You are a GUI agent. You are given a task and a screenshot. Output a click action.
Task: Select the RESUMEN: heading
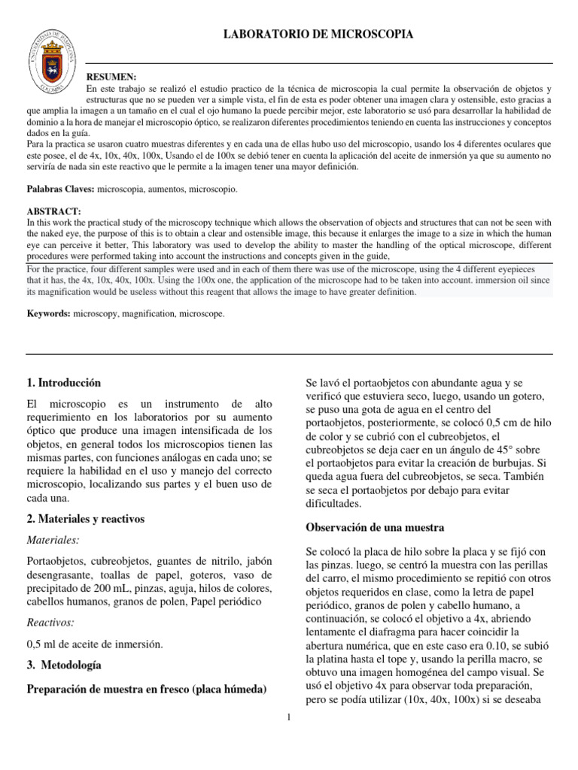(x=112, y=77)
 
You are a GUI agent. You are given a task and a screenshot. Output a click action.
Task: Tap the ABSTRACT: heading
(x=53, y=211)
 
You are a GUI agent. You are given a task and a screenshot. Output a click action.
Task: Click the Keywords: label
(x=48, y=313)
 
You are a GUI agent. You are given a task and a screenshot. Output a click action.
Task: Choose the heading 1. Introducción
(x=63, y=383)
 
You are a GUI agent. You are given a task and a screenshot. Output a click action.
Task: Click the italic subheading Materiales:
(x=53, y=540)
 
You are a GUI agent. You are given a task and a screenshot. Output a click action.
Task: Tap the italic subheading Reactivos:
(x=50, y=622)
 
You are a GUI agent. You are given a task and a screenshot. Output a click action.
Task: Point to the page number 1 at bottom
(x=289, y=716)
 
